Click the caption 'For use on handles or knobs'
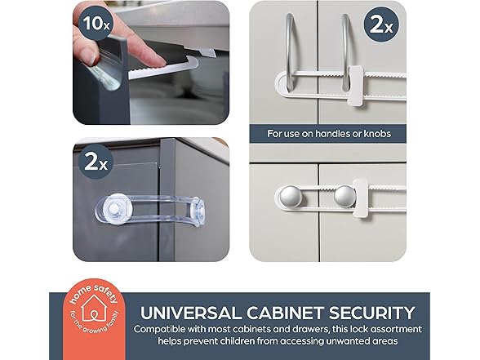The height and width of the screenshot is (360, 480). coord(329,133)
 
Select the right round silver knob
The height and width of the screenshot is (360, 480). coord(346,196)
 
